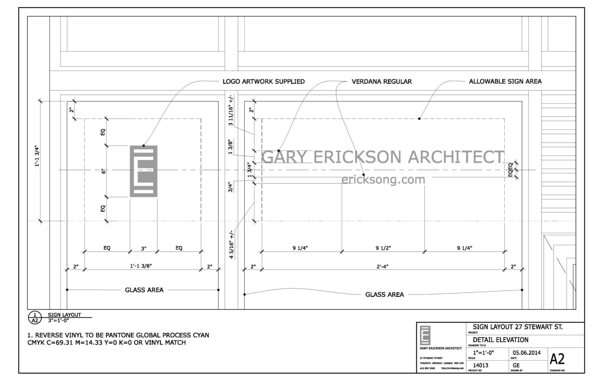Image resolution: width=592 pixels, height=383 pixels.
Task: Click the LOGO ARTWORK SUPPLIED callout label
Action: [263, 82]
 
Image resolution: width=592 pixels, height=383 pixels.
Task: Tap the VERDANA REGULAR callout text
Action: [382, 82]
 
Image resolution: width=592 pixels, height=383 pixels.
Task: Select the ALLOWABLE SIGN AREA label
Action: [505, 82]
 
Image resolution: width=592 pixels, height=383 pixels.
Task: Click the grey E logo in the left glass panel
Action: [144, 171]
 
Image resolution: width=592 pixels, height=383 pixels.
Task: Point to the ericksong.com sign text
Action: [383, 179]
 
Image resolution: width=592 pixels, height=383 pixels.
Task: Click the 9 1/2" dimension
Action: [383, 248]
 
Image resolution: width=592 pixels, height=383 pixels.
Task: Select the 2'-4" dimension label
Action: [382, 267]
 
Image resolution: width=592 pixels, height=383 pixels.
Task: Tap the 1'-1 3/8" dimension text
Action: [142, 267]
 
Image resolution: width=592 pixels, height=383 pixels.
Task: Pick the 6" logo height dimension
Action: [103, 172]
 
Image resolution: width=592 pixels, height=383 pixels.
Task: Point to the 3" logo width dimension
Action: [144, 248]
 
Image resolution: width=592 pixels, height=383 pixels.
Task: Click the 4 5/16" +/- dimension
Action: [231, 244]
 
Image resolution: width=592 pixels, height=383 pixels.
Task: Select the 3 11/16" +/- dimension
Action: [231, 110]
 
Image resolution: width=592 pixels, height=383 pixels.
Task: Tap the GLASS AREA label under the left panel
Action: [144, 290]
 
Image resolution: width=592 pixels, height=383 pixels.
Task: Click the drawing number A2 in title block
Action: [557, 359]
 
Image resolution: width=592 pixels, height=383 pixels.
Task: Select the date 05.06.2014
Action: [527, 353]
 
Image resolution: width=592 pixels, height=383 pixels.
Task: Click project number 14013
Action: [481, 365]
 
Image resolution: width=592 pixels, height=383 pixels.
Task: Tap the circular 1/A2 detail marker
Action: [34, 318]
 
